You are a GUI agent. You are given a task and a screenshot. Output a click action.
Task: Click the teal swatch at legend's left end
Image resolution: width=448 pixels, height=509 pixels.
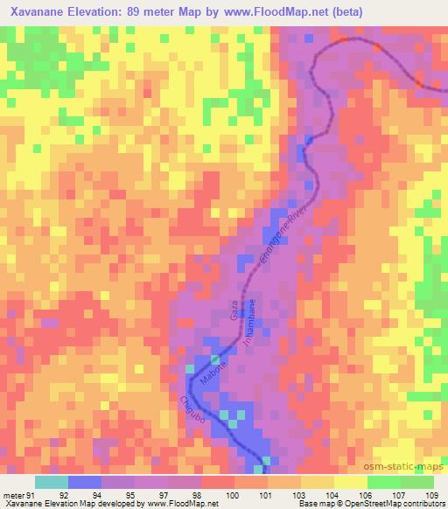pyautogui.click(x=52, y=482)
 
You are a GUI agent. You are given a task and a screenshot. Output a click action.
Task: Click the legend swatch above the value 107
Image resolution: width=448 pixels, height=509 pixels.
pyautogui.click(x=381, y=482)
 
